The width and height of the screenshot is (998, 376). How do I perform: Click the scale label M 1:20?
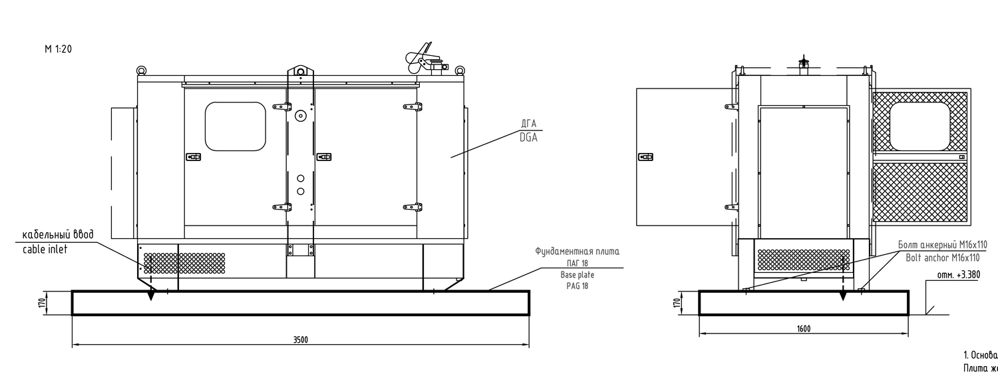58,49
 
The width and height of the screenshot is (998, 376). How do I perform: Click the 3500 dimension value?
301,340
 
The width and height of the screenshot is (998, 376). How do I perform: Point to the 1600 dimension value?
803,329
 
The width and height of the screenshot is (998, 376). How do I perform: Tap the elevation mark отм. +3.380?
957,275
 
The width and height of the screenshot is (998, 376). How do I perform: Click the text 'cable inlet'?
45,250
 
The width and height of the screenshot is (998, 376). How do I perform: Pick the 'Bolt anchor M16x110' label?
942,258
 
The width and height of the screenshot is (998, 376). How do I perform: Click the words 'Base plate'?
577,275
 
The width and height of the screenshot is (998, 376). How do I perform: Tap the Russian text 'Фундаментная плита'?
577,252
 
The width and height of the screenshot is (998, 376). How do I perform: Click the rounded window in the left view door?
235,126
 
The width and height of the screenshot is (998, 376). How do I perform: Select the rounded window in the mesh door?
919,126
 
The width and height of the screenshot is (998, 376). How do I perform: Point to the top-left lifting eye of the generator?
141,70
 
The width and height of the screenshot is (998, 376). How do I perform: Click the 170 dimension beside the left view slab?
42,303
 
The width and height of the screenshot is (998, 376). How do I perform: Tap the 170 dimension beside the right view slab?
677,303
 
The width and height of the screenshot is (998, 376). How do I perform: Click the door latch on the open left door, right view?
645,157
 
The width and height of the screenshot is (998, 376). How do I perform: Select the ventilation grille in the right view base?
804,260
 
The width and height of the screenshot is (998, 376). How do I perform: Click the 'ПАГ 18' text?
577,264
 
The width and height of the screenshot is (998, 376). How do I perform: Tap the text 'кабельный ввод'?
57,235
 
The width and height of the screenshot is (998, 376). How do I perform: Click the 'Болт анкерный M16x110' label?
942,245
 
